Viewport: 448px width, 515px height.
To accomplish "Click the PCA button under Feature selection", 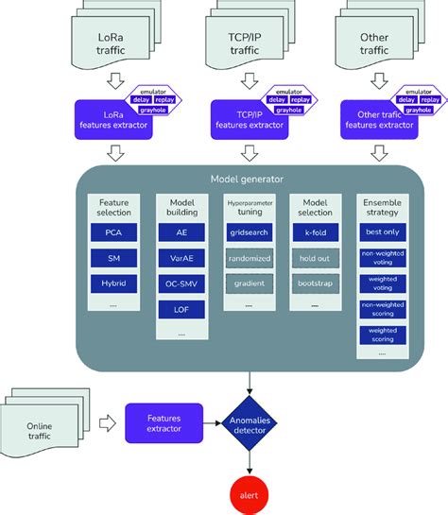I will [x=114, y=232].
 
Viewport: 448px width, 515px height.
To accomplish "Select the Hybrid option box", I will [x=114, y=283].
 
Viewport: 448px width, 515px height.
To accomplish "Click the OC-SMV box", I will [x=181, y=283].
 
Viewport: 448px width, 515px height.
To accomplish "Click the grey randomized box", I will [x=249, y=258].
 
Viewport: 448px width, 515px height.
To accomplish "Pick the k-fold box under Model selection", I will [x=316, y=232].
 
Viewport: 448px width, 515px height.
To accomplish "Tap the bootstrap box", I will [x=316, y=283].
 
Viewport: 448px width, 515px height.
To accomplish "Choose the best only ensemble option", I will [x=383, y=231].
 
